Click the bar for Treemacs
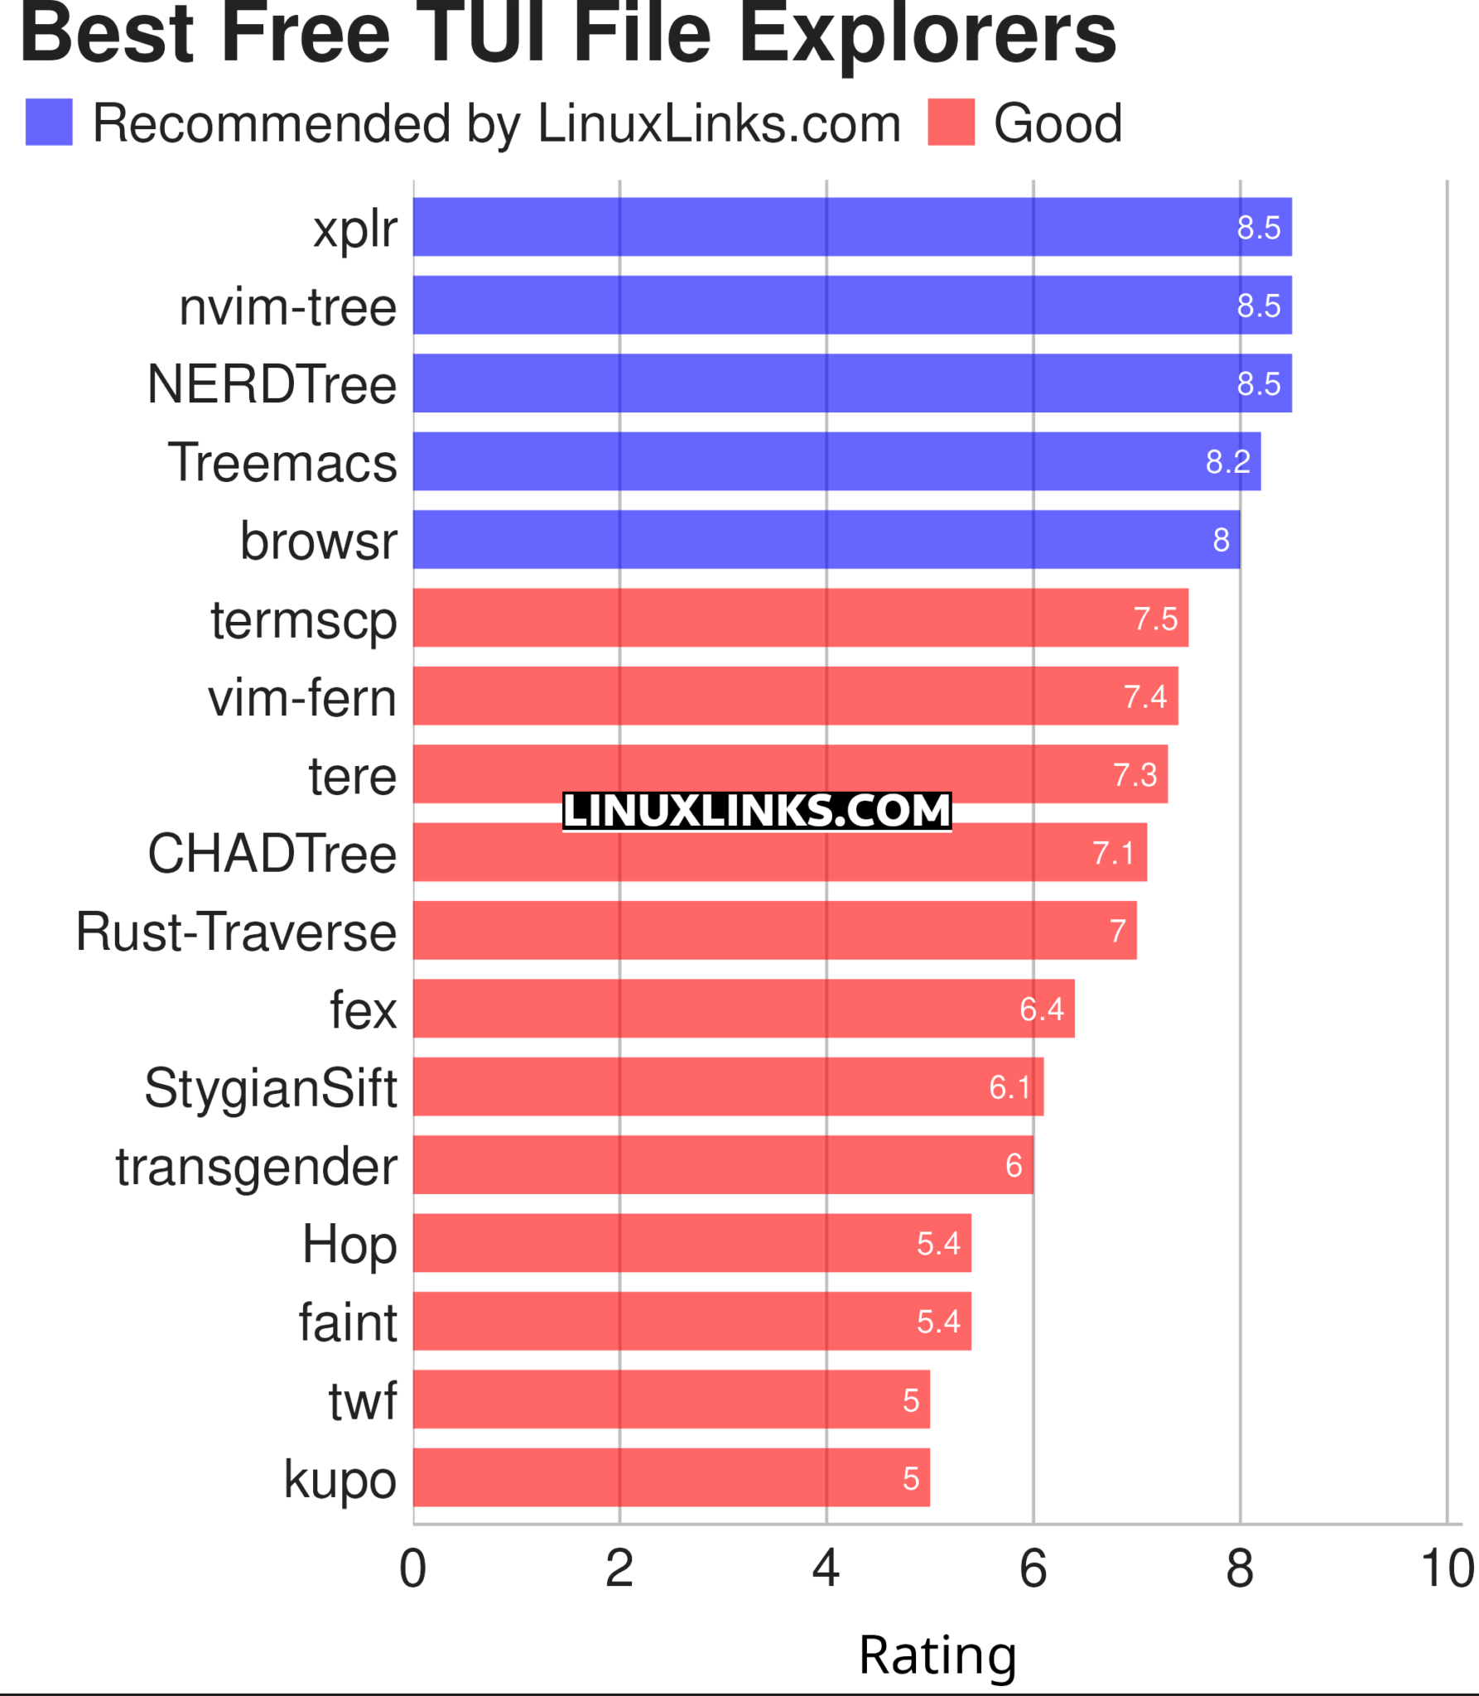[x=836, y=461]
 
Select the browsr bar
[x=826, y=539]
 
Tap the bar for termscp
[x=800, y=618]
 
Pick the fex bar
[x=744, y=1009]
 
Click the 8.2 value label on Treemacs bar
[x=1227, y=462]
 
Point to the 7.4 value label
[x=1144, y=697]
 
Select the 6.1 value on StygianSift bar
[x=1009, y=1087]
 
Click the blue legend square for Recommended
[x=49, y=123]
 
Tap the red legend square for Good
[x=951, y=123]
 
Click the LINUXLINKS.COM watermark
[x=756, y=811]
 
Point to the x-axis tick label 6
[x=1033, y=1568]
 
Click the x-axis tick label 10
[x=1446, y=1568]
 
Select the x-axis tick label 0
[x=412, y=1568]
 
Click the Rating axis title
[x=937, y=1655]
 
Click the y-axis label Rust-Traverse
[x=236, y=932]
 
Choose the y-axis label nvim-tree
[x=287, y=307]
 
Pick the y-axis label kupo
[x=340, y=1479]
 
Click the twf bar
[x=671, y=1400]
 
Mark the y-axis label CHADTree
[x=272, y=853]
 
